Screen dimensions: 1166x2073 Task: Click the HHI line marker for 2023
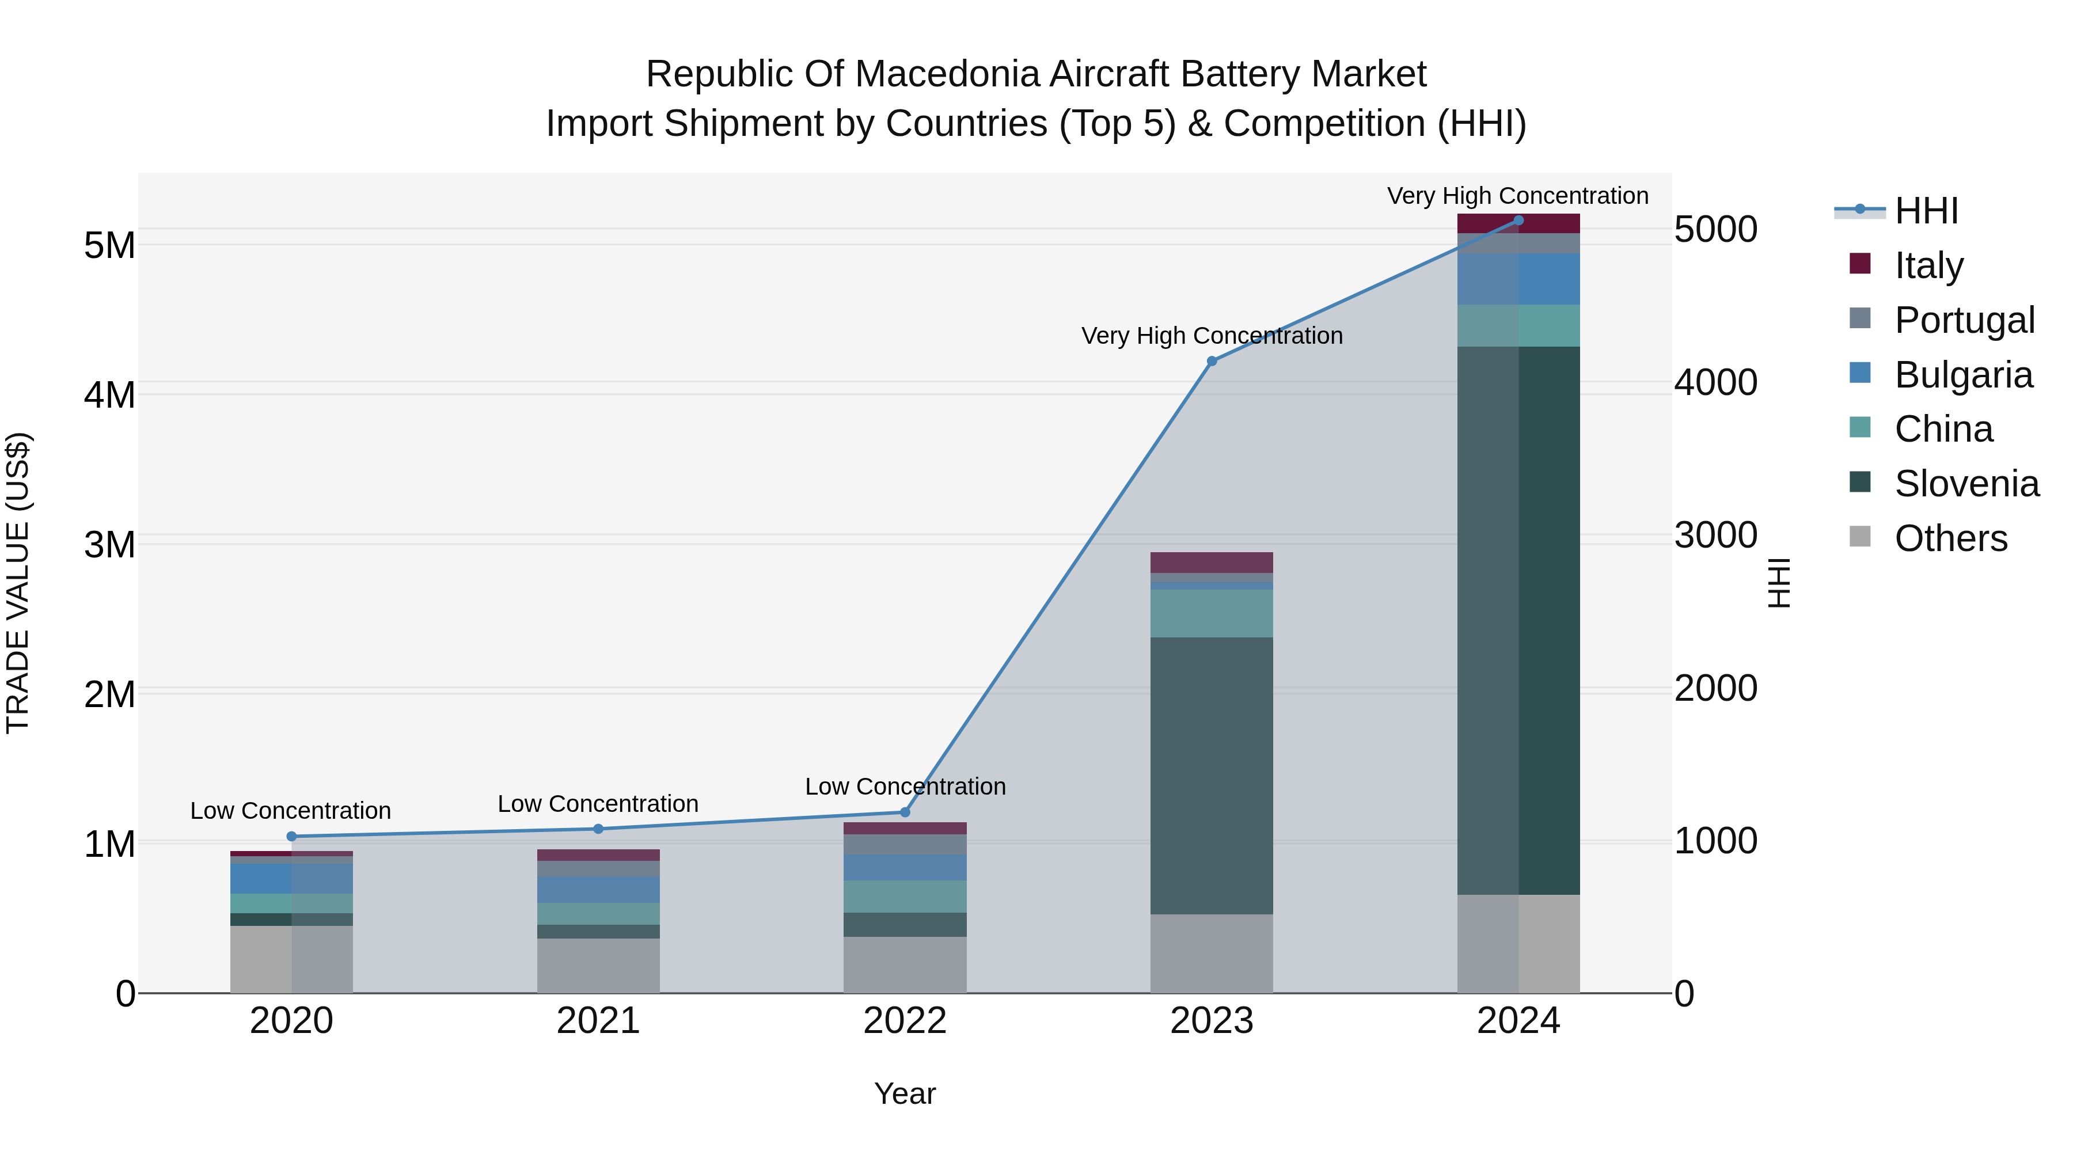pos(1212,361)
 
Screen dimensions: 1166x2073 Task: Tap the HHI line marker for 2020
pos(291,836)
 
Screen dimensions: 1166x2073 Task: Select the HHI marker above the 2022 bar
pos(905,812)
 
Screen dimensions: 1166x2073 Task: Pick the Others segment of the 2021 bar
pos(598,965)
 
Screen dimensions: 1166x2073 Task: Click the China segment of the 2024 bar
pos(1518,325)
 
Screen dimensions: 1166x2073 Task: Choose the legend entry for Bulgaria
pos(1963,375)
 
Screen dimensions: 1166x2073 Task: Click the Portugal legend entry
pos(1964,320)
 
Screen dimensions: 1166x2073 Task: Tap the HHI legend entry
pos(1926,211)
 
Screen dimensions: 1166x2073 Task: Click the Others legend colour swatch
pos(1860,537)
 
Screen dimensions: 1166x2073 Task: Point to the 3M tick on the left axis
pos(109,545)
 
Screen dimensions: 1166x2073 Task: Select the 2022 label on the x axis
pos(905,1021)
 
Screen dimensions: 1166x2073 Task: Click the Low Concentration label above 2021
pos(598,804)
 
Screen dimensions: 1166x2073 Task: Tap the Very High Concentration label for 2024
pos(1518,196)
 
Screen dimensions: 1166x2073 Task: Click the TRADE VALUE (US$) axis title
pos(18,583)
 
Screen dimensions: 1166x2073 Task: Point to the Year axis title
pos(905,1093)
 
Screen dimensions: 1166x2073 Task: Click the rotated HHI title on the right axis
pos(1779,583)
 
